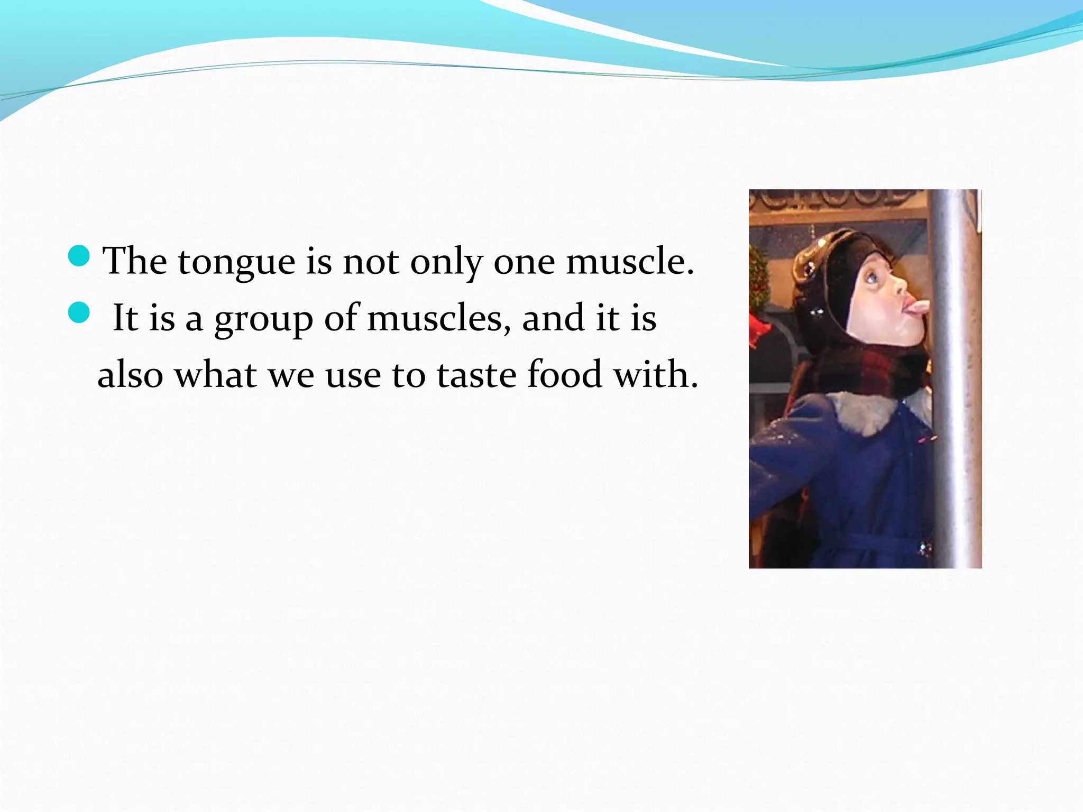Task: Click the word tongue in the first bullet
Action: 236,263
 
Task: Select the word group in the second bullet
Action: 263,320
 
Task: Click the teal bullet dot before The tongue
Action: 79,256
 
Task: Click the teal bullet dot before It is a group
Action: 79,312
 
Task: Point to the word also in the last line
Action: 130,375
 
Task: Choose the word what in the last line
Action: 215,375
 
